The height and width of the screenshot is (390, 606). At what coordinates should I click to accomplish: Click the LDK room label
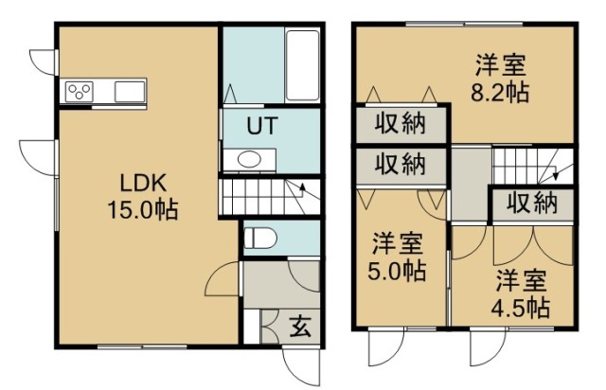pos(143,183)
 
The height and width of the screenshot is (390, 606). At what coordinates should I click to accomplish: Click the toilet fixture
pos(259,238)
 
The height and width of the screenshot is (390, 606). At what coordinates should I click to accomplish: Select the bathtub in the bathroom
pos(302,65)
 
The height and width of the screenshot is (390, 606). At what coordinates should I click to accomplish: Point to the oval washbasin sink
pos(249,159)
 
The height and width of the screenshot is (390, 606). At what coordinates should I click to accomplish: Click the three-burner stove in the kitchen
pos(80,92)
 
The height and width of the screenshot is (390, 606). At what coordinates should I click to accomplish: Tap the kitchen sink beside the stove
pos(130,92)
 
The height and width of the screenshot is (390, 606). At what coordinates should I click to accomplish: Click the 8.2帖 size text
pos(500,92)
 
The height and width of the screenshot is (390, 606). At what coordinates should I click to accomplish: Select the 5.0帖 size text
pos(397,271)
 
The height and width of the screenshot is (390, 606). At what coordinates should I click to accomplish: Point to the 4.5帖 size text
pos(521,308)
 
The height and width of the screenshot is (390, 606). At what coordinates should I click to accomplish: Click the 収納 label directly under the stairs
pos(532,203)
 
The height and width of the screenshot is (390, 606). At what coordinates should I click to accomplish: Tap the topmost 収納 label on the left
pos(401,124)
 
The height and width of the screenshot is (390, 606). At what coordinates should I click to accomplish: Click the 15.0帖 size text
pos(143,210)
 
